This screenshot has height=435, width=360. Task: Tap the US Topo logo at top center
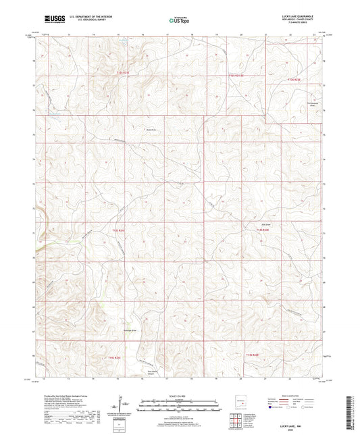(x=179, y=20)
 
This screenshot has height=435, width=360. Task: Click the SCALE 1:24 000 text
(x=179, y=396)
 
